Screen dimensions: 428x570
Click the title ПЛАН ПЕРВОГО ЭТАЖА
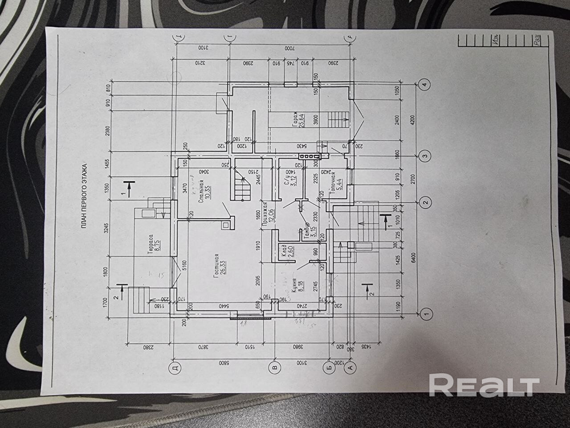tap(84, 197)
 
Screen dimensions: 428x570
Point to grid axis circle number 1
tap(427, 313)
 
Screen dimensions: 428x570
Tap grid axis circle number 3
tap(426, 156)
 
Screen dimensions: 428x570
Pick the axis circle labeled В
tap(274, 368)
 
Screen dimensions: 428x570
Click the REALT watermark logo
tap(484, 386)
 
